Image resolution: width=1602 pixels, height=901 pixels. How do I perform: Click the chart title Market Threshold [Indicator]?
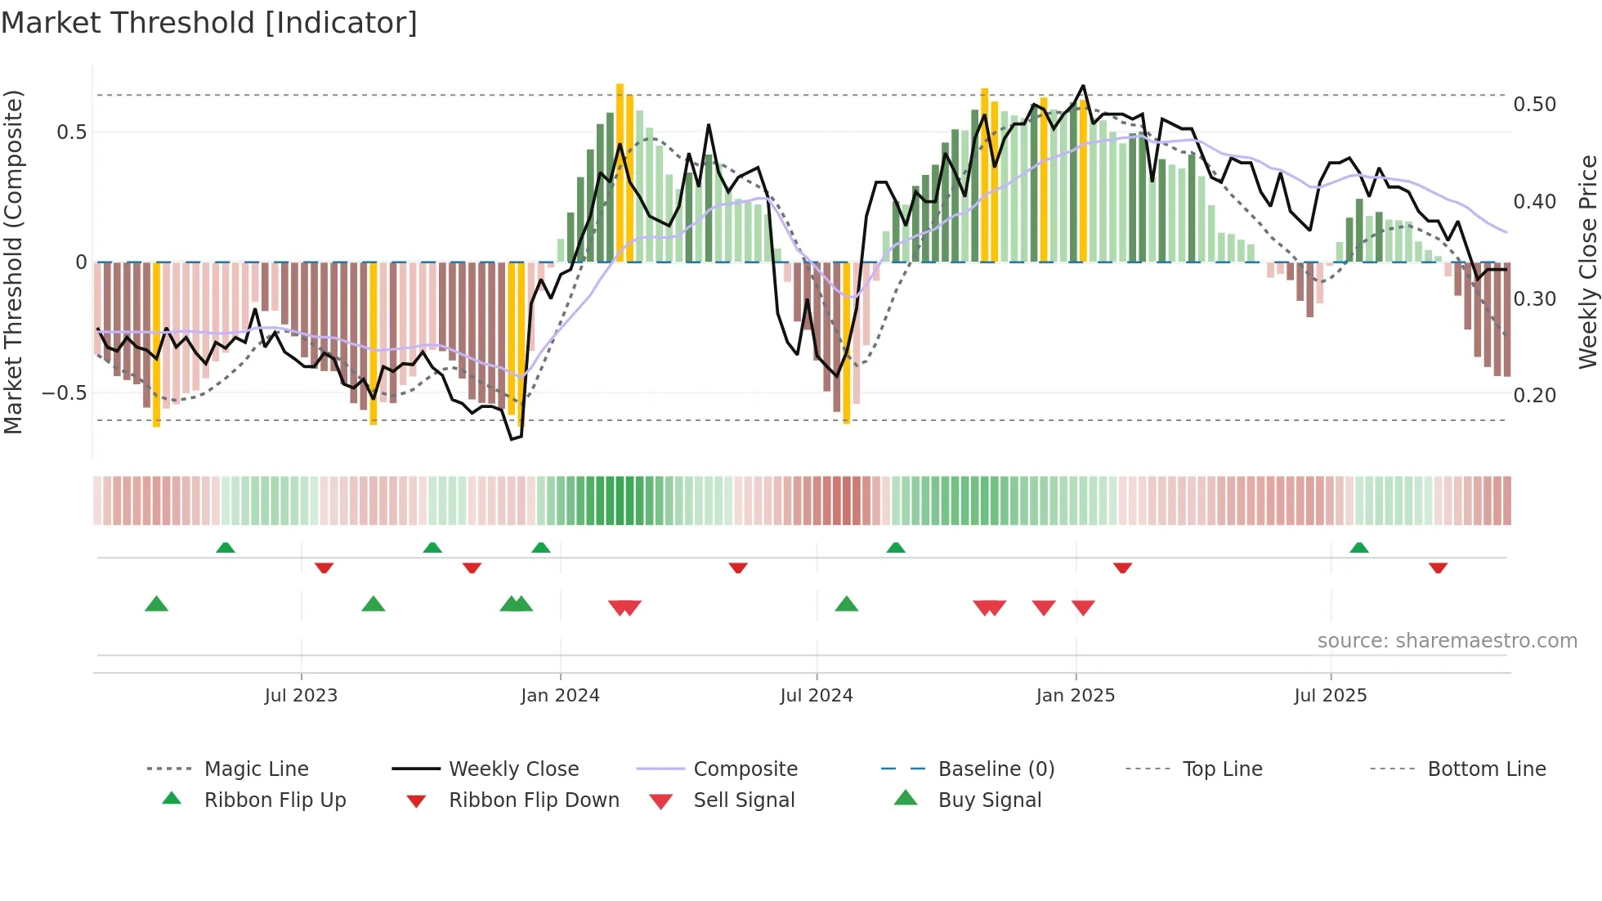coord(209,23)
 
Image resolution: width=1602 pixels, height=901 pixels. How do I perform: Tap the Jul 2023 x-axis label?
coord(301,696)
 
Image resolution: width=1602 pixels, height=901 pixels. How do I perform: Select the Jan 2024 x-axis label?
coord(560,696)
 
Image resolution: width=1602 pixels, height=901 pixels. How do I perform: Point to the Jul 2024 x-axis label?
coord(817,696)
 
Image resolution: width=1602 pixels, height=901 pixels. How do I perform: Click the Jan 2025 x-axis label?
coord(1075,696)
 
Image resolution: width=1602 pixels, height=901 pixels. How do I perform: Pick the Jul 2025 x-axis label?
coord(1330,696)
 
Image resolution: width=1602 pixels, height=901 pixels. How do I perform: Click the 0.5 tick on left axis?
coord(71,132)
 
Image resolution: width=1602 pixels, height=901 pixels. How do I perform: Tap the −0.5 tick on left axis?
coord(65,393)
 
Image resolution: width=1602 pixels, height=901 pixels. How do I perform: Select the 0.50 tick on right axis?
coord(1534,105)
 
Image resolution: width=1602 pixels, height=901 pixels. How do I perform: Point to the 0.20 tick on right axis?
coord(1534,396)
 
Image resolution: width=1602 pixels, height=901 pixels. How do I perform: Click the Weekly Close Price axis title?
coord(1587,262)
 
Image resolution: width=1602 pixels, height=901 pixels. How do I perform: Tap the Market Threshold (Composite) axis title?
coord(13,262)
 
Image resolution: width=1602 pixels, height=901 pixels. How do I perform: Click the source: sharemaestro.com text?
coord(1447,641)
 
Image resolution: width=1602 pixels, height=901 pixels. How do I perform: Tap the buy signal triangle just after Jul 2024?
coord(847,605)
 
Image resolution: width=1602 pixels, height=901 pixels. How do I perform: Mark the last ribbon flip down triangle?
coord(1438,567)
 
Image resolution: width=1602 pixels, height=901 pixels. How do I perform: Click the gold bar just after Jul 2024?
coord(847,343)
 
